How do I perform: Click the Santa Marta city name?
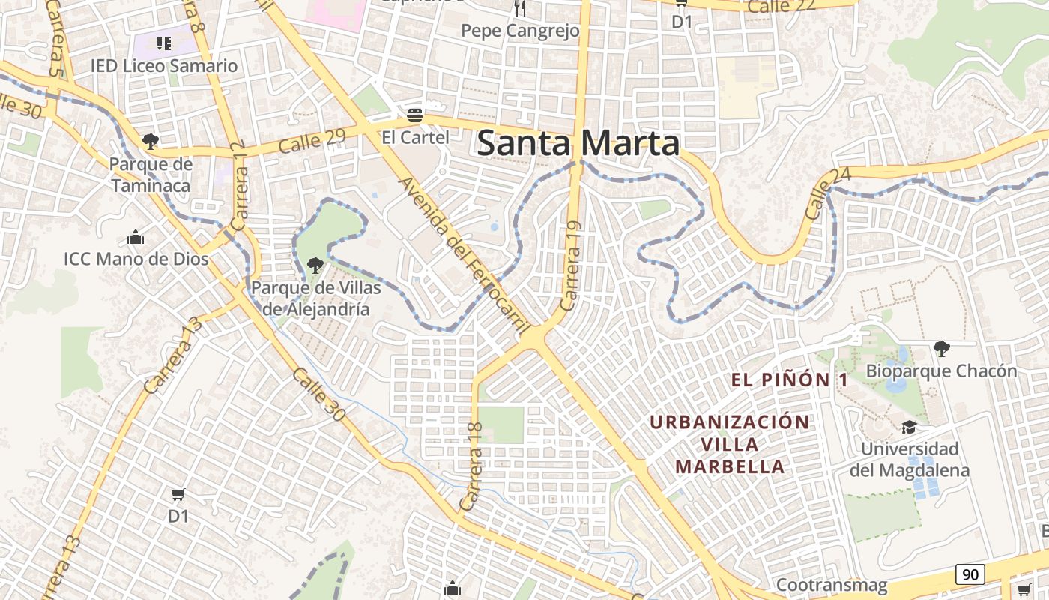tap(578, 143)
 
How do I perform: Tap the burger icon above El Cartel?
tap(415, 115)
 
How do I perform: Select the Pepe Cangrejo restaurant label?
tap(520, 31)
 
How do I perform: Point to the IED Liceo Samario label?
tap(164, 65)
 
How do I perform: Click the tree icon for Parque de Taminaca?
tap(151, 141)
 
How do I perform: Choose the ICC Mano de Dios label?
tap(136, 259)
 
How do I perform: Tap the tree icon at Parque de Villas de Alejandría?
tap(315, 265)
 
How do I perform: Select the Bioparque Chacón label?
tap(941, 370)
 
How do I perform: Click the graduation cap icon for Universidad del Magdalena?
tap(910, 427)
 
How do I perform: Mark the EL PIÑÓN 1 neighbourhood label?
tap(790, 379)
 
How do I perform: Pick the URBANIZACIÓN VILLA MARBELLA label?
tap(730, 444)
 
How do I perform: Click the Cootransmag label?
tap(832, 585)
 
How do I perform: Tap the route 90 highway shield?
tap(970, 574)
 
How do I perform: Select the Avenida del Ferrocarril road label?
tap(465, 255)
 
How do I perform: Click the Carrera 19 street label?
tap(571, 266)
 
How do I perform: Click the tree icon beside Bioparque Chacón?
tap(942, 348)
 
